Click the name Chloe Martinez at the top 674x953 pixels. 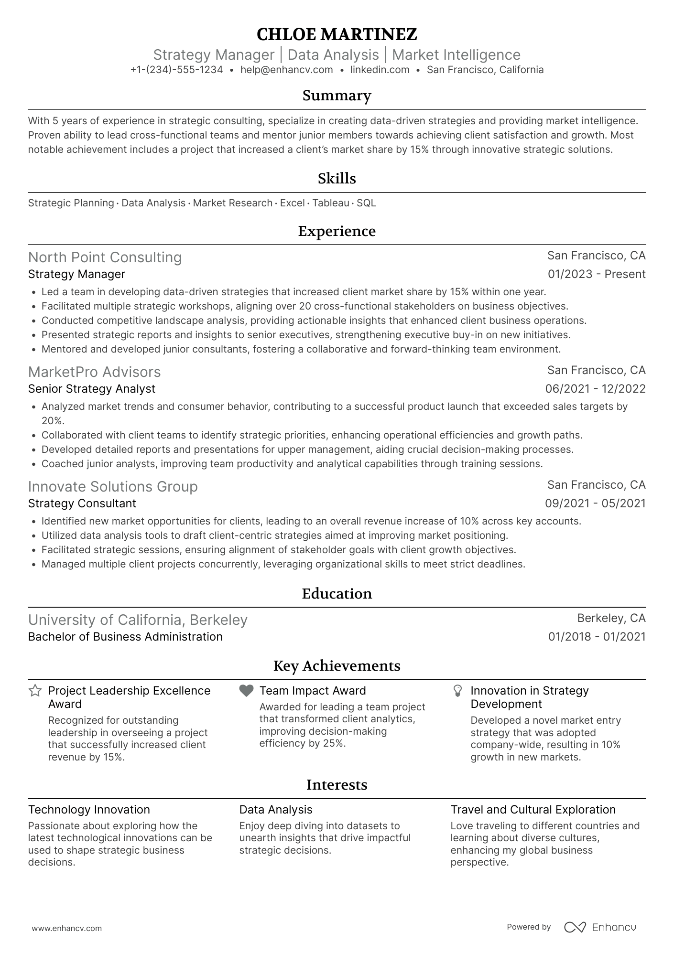pos(337,34)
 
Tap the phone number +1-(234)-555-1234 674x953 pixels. pos(176,70)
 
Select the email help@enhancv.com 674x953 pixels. pos(286,70)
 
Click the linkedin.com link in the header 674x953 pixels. pos(380,70)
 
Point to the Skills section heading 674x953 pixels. pos(337,179)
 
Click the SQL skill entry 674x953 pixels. pos(366,203)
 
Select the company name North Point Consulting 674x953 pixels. pos(105,257)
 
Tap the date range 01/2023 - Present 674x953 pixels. pos(597,274)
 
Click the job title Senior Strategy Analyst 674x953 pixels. pos(92,389)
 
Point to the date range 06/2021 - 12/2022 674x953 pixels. pos(595,389)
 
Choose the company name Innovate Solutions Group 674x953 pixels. pos(113,487)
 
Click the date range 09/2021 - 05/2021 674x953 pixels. pos(595,503)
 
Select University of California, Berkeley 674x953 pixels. pos(138,620)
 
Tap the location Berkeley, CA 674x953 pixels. pos(611,618)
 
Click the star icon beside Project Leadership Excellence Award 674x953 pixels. pos(35,691)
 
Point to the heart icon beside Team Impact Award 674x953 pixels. pos(246,691)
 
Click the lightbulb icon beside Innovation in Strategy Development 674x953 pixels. pos(457,691)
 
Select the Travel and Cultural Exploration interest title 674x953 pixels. pos(533,810)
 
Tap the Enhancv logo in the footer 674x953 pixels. pos(600,927)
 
